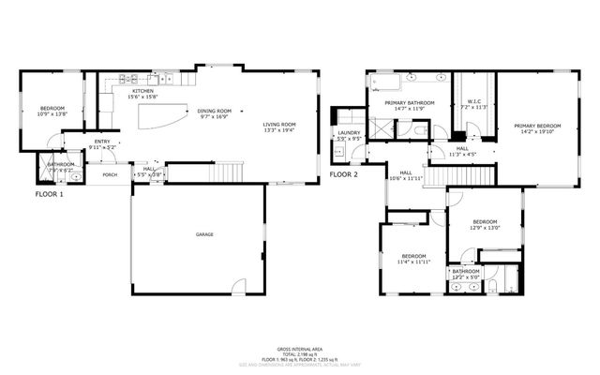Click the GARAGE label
pos(202,233)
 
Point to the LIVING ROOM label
pos(278,125)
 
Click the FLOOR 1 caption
pos(49,193)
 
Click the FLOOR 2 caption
pos(344,174)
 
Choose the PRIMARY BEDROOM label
pos(536,126)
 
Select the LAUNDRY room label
pos(349,132)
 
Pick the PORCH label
pos(110,174)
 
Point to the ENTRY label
pos(101,142)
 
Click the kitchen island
pos(163,117)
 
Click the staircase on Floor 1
pos(225,172)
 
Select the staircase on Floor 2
pos(469,175)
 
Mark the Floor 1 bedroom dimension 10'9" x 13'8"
pos(52,114)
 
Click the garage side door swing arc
pos(240,286)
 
